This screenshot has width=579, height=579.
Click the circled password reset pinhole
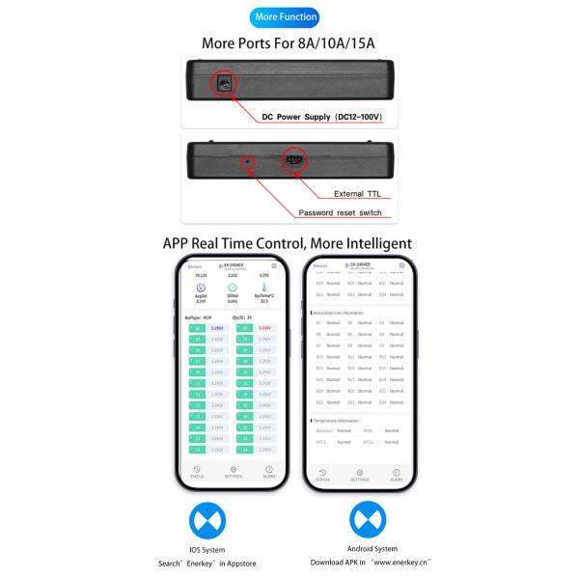[249, 161]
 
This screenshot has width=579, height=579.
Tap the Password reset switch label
[341, 212]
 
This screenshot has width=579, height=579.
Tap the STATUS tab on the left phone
[197, 473]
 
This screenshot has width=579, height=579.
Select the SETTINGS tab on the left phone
[234, 473]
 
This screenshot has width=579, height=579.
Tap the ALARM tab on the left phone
[270, 473]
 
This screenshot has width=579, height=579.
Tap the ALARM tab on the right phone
[396, 475]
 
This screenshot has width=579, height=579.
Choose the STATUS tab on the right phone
[322, 475]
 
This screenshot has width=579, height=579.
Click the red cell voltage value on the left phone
[265, 328]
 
